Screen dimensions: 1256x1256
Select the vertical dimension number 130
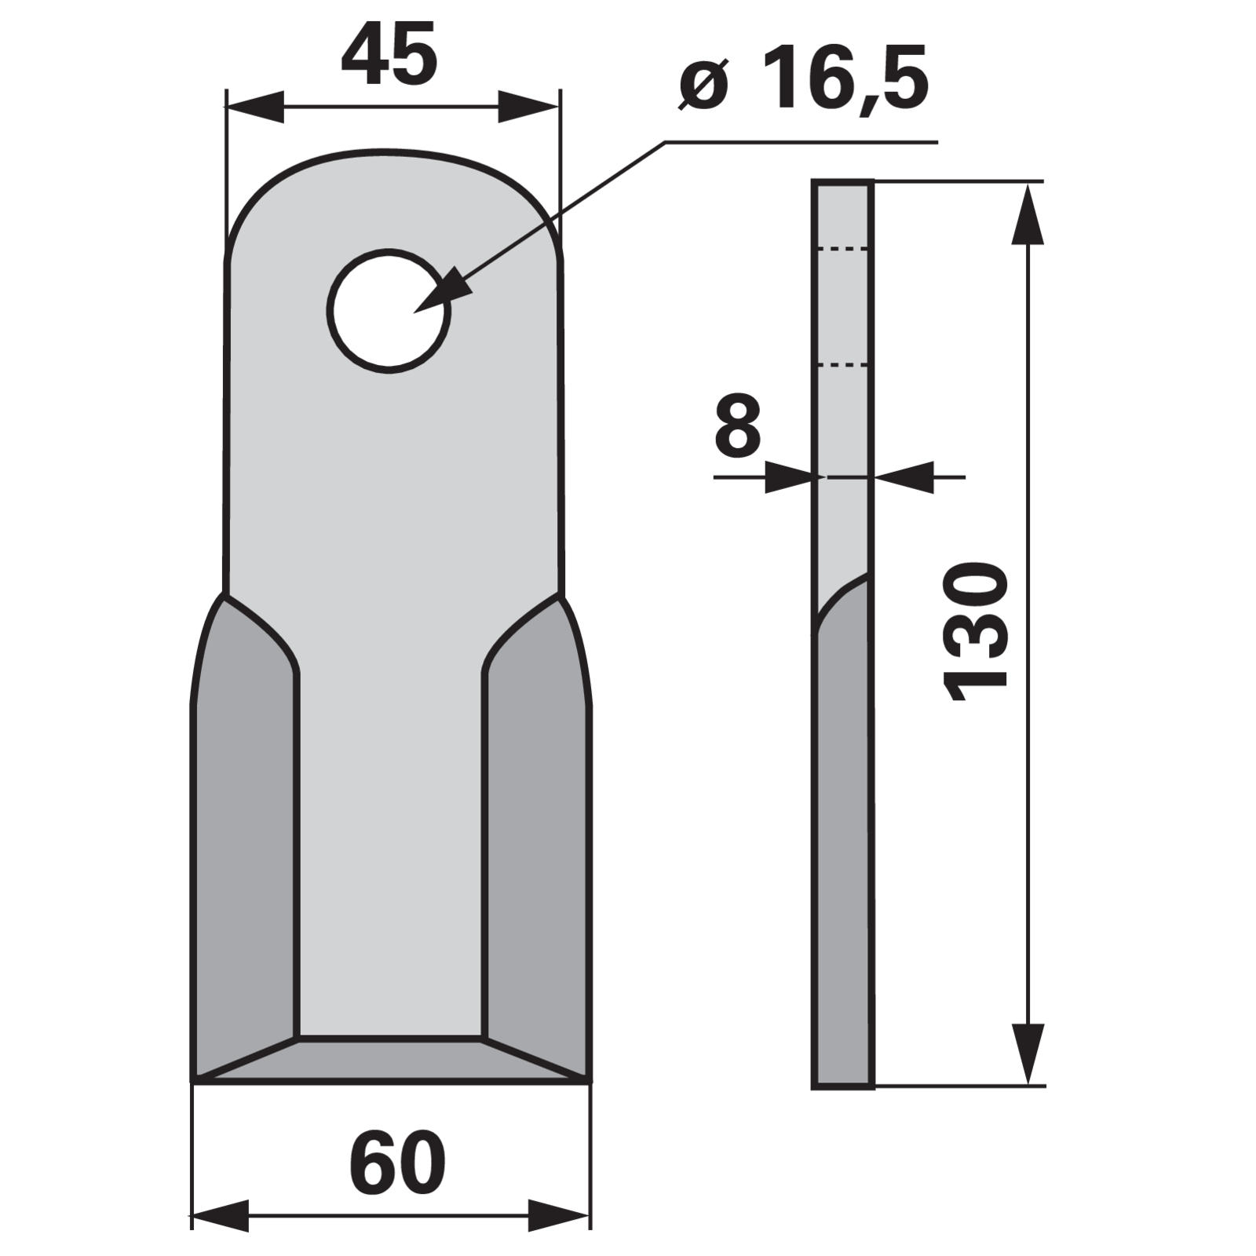pyautogui.click(x=977, y=630)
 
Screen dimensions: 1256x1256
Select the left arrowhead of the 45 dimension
pyautogui.click(x=254, y=107)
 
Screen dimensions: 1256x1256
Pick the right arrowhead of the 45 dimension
pyautogui.click(x=528, y=107)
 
